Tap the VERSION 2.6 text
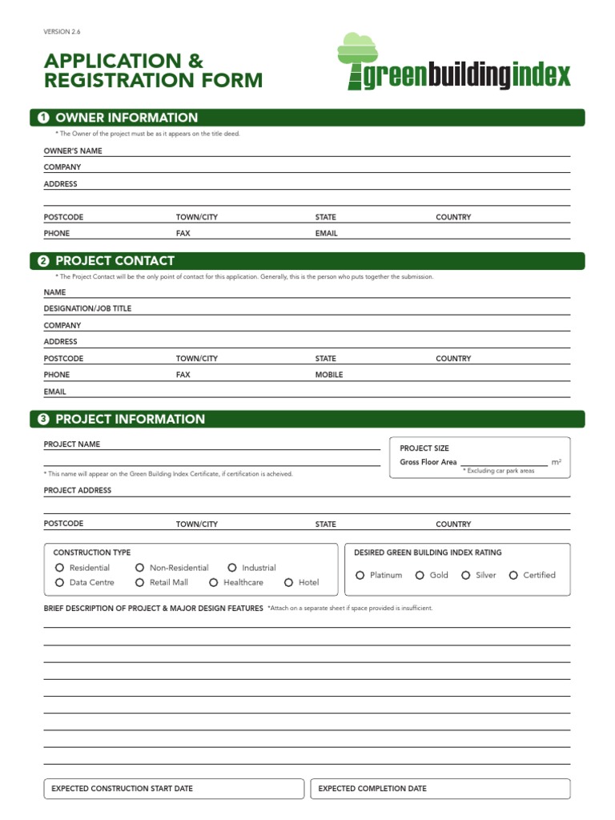(62, 32)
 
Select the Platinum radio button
(360, 575)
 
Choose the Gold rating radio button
(420, 575)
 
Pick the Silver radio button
(466, 575)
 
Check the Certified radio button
(513, 575)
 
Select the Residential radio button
(59, 568)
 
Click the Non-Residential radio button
(139, 568)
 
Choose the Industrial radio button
(232, 568)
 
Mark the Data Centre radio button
(59, 583)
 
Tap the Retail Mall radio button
(139, 583)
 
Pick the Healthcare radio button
(214, 583)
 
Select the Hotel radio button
(288, 583)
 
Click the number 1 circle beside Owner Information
(43, 119)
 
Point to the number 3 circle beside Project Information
(43, 420)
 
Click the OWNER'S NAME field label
(73, 151)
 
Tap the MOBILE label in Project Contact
(329, 375)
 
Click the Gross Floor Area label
(428, 462)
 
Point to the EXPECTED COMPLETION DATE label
(372, 789)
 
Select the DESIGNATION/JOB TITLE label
(87, 308)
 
